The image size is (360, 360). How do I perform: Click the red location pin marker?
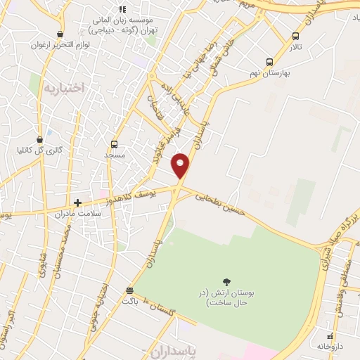(x=181, y=165)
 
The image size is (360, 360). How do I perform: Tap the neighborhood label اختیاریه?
(x=63, y=88)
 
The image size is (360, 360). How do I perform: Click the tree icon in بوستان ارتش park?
(x=226, y=282)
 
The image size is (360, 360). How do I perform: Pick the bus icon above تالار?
(x=295, y=37)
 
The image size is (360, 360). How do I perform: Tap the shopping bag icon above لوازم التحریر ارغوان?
(x=60, y=34)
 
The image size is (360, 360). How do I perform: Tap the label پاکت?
(x=129, y=301)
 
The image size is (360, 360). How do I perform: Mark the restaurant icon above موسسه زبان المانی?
(x=122, y=10)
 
